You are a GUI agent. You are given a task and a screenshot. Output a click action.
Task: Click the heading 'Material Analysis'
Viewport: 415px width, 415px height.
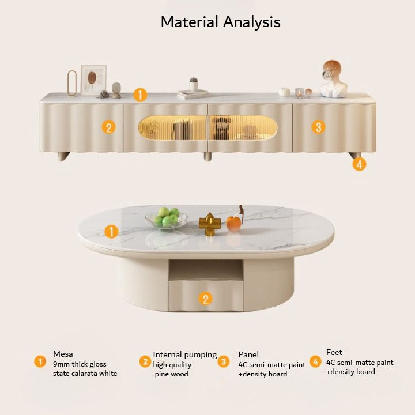click(220, 22)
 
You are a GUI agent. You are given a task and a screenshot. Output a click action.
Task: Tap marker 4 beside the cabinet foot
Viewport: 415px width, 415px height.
click(359, 164)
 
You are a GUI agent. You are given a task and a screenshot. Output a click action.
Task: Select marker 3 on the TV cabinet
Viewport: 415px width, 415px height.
click(318, 127)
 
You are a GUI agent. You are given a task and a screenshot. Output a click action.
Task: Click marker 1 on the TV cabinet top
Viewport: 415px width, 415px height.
click(140, 95)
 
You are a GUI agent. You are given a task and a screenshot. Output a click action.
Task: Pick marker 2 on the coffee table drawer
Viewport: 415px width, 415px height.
click(205, 299)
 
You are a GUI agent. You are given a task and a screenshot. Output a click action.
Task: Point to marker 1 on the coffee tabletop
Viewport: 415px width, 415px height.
click(111, 232)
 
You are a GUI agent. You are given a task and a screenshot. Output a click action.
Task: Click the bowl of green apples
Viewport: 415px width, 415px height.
click(167, 218)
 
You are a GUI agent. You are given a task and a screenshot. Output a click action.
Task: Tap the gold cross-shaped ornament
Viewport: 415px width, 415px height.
click(210, 224)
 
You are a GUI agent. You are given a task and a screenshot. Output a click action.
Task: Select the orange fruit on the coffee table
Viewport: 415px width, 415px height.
click(233, 224)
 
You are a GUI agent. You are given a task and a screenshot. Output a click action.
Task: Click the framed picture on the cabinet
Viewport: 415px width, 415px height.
click(94, 80)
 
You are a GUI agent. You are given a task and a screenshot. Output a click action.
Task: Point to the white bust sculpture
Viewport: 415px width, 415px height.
click(334, 79)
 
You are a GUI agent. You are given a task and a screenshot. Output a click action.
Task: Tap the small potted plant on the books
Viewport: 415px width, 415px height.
click(194, 84)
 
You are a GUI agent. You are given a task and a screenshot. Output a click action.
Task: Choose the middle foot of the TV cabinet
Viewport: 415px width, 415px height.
click(207, 156)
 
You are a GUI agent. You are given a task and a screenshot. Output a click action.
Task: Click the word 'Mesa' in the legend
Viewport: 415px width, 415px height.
click(63, 354)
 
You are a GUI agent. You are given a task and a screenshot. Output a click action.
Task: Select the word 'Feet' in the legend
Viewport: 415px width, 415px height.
click(334, 352)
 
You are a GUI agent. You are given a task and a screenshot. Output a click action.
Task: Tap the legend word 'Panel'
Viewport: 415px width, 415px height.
click(248, 354)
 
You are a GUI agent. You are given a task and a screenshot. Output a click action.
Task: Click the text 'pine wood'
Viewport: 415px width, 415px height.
click(172, 374)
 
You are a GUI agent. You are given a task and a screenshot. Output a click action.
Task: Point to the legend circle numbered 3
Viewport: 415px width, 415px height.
click(224, 361)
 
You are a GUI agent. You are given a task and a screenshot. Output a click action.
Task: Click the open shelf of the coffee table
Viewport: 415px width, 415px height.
click(206, 270)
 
